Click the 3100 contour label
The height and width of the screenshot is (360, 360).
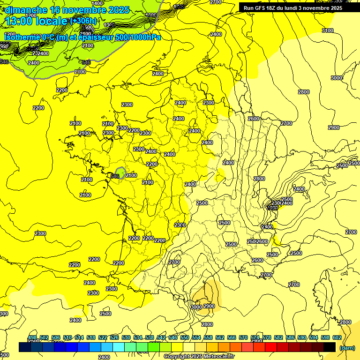pos(328,30)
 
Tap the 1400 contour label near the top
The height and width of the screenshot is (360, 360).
pos(97,3)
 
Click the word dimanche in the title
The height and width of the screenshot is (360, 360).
pos(26,10)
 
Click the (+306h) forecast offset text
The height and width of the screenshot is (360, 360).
pos(84,21)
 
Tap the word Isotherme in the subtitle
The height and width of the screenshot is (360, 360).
pos(22,37)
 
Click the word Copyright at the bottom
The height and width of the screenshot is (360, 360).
pos(177,357)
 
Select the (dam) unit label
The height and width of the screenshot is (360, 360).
pos(347,347)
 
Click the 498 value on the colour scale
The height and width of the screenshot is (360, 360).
pos(32,337)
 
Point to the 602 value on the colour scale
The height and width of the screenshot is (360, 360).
pos(337,337)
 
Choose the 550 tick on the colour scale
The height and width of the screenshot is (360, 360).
pos(185,337)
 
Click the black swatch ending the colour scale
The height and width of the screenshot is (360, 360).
pos(330,347)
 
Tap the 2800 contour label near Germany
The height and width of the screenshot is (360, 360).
pos(304,92)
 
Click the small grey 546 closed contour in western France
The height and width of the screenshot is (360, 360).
pos(120,172)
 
